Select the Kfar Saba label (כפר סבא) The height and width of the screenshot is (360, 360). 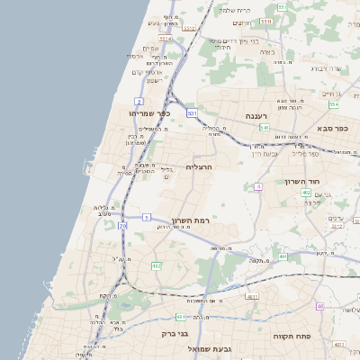[x=333, y=129]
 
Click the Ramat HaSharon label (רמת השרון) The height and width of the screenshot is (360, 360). [x=190, y=220]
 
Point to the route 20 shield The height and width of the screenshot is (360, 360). [x=122, y=226]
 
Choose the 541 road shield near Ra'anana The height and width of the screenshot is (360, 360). [x=265, y=129]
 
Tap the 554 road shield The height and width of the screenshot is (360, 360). [x=334, y=105]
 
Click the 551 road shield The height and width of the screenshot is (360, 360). [x=281, y=7]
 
